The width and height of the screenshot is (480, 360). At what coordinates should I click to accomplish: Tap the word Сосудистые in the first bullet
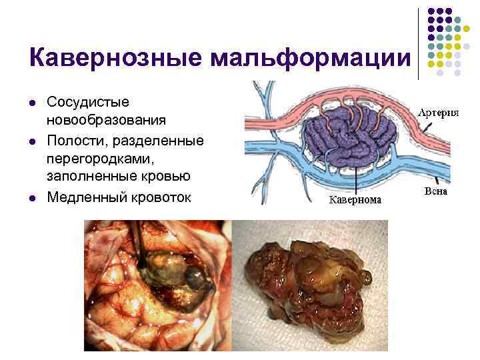coord(88,102)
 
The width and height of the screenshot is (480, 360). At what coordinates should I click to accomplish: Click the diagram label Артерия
coord(438,112)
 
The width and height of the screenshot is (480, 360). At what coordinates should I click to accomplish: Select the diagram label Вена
coord(436,191)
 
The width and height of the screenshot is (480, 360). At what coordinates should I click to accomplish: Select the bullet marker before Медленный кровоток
coord(32,199)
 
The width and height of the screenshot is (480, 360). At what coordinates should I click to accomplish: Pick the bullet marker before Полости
coord(32,142)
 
